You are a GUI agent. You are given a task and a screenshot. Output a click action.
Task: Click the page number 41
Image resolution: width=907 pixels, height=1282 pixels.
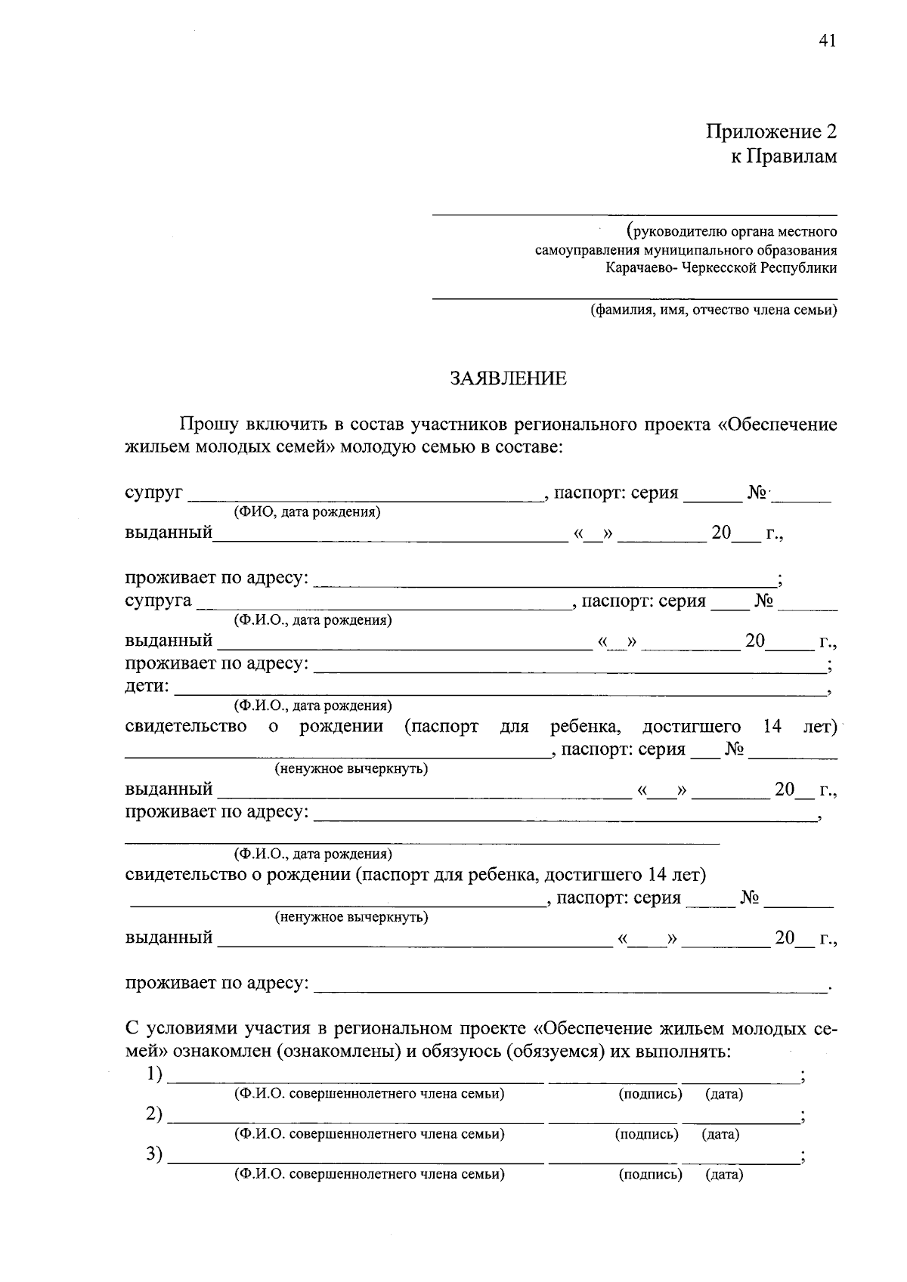tap(827, 42)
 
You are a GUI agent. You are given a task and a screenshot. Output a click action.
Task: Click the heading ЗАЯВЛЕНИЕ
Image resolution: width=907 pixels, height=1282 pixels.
tap(508, 378)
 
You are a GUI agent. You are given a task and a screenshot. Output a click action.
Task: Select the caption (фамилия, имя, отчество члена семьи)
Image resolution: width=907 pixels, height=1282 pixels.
tap(714, 310)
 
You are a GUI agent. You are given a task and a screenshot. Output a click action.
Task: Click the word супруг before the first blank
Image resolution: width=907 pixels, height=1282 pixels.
tap(153, 493)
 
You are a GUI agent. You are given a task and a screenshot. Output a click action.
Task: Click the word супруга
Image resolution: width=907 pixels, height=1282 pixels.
tap(158, 601)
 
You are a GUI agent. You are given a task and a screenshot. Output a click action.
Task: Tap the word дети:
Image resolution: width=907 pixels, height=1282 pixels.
tap(147, 687)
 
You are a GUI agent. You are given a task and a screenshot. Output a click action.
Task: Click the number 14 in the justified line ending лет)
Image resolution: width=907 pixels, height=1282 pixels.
tap(772, 727)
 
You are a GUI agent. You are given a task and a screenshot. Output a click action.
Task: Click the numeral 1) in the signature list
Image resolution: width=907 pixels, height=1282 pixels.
tap(155, 1073)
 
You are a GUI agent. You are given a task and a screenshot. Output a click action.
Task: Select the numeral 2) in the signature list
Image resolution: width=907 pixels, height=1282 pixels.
tap(155, 1114)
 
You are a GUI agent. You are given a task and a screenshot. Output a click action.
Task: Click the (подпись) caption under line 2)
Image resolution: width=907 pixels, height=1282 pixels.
tap(647, 1134)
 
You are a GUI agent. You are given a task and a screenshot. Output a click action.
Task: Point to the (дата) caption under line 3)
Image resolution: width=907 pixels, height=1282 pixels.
tap(724, 1175)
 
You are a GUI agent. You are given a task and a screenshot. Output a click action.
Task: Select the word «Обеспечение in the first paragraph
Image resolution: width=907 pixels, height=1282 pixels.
tap(776, 425)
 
